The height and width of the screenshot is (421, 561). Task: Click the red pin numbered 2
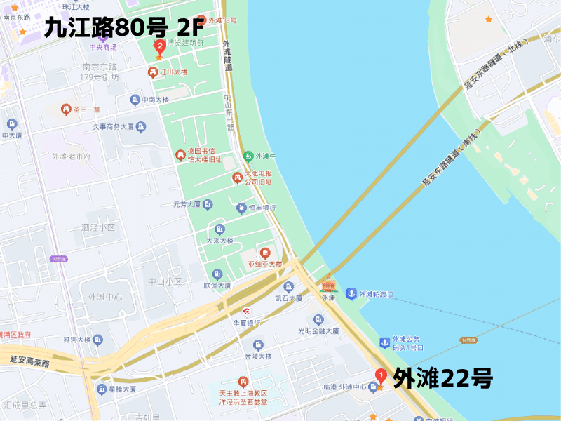click(x=160, y=47)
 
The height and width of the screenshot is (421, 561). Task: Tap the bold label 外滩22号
click(x=442, y=379)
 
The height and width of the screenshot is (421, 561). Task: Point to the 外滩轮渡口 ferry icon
click(x=351, y=293)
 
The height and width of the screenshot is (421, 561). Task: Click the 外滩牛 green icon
click(x=248, y=156)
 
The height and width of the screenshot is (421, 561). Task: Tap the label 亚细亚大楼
click(x=264, y=264)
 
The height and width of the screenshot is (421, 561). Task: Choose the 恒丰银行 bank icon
click(x=241, y=208)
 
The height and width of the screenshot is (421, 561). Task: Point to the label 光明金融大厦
click(x=318, y=330)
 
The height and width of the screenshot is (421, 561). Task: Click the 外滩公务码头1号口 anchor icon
click(x=384, y=342)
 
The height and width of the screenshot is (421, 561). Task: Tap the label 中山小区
click(x=165, y=281)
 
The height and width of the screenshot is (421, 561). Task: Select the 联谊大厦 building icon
click(x=217, y=274)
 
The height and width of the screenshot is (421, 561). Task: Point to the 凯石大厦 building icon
click(x=288, y=286)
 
